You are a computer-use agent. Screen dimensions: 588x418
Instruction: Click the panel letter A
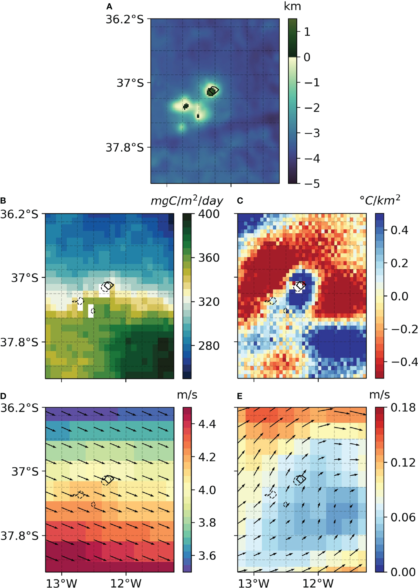tap(109, 6)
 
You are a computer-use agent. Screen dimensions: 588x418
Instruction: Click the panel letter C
tap(240, 201)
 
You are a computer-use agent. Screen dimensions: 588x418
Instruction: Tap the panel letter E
tap(240, 396)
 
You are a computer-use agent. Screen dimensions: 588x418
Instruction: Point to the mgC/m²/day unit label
tap(187, 201)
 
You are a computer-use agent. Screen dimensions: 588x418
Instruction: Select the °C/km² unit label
tap(380, 200)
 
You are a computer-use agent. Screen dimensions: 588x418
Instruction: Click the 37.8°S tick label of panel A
tap(124, 147)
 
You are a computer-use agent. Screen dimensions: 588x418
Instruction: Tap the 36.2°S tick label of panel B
tap(19, 214)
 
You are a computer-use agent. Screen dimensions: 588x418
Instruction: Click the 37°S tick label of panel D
tap(25, 471)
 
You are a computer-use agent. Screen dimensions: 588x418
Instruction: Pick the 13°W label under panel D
tap(61, 583)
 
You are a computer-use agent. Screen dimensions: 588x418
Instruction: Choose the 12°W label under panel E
tap(318, 583)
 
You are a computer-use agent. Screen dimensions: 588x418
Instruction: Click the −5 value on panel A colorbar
tap(312, 184)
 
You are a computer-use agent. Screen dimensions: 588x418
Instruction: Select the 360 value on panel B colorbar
tap(209, 258)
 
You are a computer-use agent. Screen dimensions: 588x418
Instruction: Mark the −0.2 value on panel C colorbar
tap(404, 329)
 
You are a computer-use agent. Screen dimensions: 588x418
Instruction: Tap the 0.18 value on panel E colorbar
tap(403, 408)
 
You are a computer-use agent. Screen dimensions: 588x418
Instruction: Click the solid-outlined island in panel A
tap(212, 91)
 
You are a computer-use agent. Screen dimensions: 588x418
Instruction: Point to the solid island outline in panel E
tap(301, 479)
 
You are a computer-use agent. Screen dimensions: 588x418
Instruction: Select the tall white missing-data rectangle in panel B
tap(91, 311)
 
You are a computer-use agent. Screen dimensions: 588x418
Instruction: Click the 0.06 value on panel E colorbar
tap(403, 517)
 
